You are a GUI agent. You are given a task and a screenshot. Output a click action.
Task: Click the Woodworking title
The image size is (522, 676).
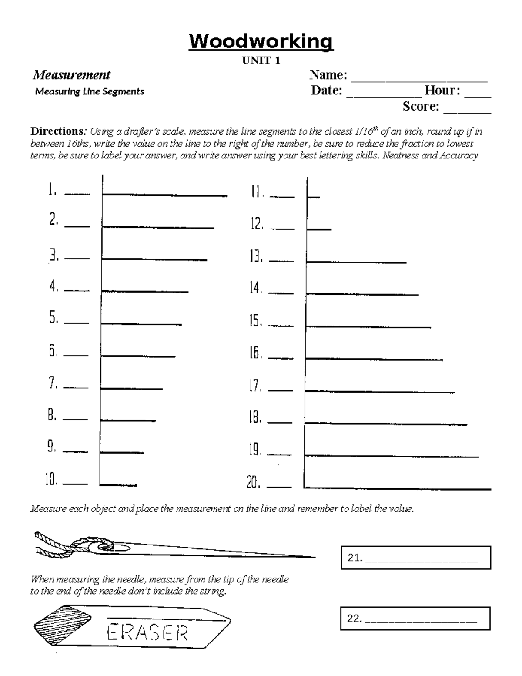click(x=261, y=42)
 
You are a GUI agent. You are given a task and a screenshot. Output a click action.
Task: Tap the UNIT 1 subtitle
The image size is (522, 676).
click(x=261, y=61)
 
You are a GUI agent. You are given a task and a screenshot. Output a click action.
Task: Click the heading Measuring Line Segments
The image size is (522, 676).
click(x=90, y=92)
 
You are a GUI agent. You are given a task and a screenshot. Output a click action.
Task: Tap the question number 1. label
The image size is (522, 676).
click(x=52, y=190)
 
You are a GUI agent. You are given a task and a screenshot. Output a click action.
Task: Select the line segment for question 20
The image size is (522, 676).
click(x=398, y=488)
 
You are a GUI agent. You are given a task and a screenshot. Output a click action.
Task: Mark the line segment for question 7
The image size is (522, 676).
click(x=132, y=389)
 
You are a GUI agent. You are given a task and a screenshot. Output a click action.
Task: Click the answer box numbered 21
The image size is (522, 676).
click(x=416, y=558)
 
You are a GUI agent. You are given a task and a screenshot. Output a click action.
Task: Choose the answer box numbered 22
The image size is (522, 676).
click(x=415, y=619)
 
